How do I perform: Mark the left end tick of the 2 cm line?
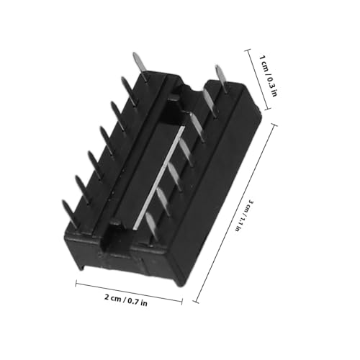pos(76,283)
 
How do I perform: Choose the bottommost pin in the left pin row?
pos(69,209)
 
